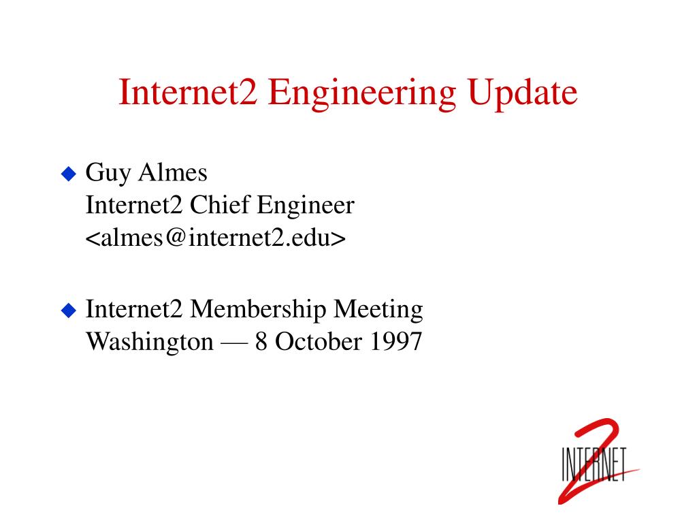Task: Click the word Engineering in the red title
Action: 362,94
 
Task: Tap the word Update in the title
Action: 522,93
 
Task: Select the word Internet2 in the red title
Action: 188,92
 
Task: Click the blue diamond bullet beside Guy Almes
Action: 69,174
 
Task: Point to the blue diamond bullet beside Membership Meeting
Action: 69,310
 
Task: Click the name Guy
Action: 108,174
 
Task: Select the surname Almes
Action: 173,172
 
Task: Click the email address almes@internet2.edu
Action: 216,238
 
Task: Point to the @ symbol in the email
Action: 176,238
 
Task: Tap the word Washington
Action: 150,343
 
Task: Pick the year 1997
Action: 395,342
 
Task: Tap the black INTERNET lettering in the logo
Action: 594,464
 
